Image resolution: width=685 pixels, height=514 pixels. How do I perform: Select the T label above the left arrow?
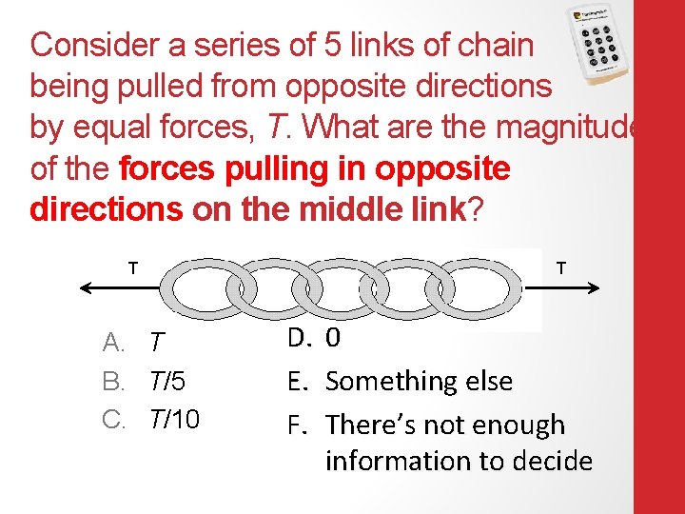coord(131,267)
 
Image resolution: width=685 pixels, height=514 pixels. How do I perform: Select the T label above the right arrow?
coord(561,267)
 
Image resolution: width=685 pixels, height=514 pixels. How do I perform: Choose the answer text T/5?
coord(166,382)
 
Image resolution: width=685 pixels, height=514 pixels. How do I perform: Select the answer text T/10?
coord(174,420)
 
